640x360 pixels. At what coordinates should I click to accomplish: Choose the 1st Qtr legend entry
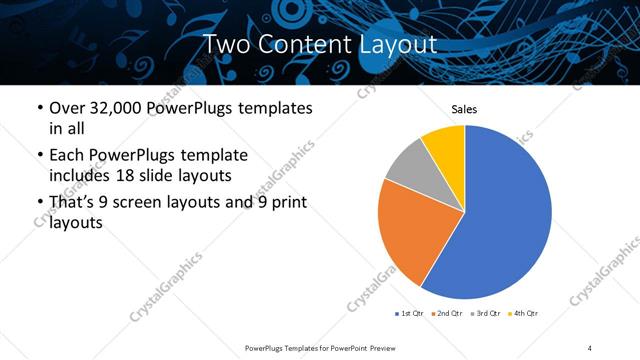coord(411,314)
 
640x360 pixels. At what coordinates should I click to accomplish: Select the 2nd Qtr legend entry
coord(446,314)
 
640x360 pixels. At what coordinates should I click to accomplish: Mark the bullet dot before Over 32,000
coord(38,108)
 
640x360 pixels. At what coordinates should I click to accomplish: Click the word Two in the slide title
coord(225,44)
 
